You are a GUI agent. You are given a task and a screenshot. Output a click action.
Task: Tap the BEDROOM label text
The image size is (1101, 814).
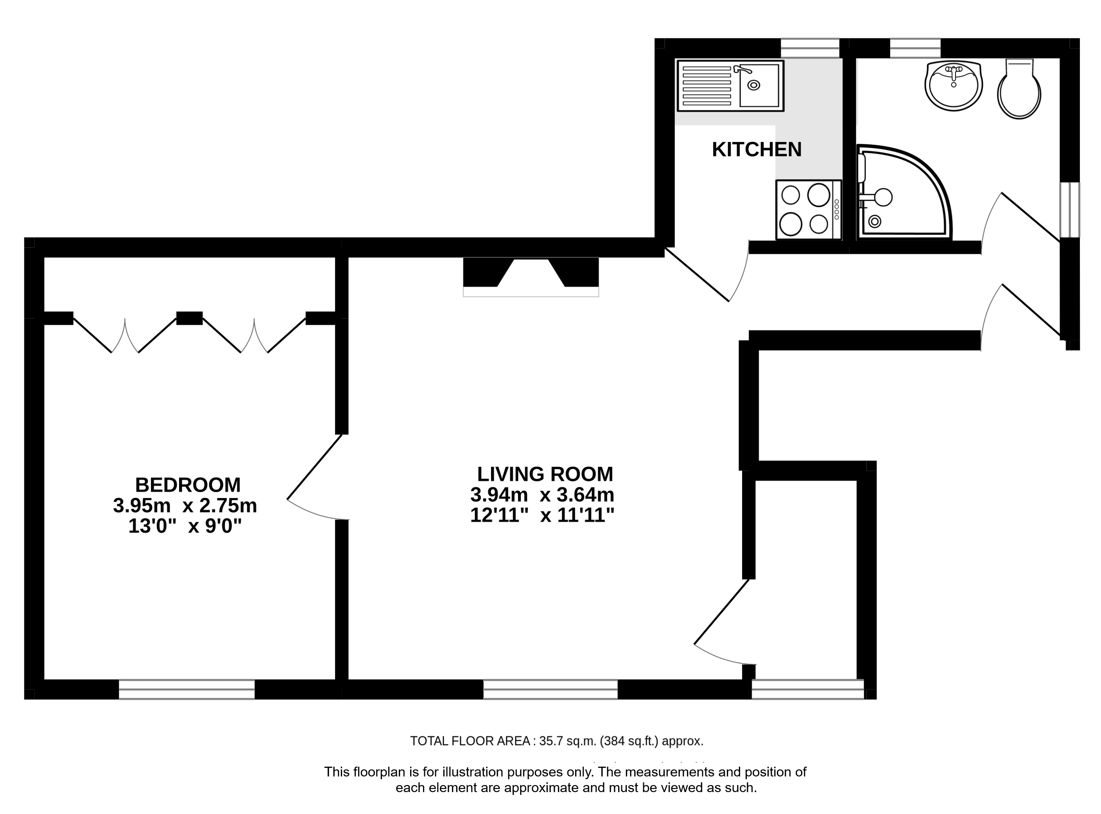(x=188, y=485)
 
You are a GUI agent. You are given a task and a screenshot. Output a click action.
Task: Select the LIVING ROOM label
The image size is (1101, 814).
(x=545, y=474)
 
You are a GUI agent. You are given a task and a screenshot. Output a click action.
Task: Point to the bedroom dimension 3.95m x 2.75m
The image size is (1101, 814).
(x=185, y=505)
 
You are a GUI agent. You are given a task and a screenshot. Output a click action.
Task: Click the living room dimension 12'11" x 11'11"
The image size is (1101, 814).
(x=542, y=516)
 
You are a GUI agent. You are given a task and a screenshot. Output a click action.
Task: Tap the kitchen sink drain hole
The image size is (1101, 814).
(x=753, y=85)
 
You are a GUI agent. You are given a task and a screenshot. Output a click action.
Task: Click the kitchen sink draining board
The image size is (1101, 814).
(x=707, y=85)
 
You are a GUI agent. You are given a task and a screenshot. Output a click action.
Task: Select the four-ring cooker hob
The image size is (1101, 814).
(x=809, y=209)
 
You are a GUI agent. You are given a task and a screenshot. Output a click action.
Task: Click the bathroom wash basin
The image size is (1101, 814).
(x=953, y=85)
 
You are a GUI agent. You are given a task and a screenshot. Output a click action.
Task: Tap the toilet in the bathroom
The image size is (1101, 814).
(x=1019, y=89)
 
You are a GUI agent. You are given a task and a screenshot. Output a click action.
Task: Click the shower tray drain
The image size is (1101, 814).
(x=875, y=221)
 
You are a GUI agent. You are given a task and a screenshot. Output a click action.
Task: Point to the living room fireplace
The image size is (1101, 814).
(x=531, y=277)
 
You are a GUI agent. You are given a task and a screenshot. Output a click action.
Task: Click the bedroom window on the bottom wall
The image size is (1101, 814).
(x=186, y=689)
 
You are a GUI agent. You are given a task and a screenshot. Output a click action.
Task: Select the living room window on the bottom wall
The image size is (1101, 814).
(x=550, y=689)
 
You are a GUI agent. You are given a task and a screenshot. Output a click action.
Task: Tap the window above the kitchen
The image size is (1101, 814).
(x=810, y=48)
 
